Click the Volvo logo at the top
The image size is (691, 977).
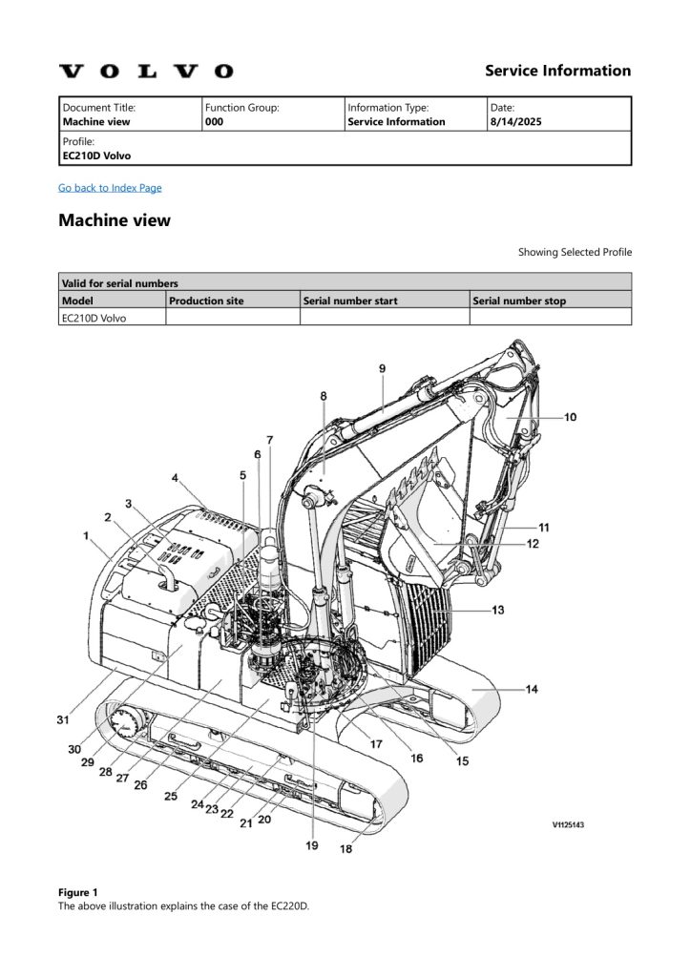146,72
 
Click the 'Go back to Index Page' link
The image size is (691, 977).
110,188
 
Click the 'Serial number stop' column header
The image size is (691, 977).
519,301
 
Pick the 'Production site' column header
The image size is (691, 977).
206,301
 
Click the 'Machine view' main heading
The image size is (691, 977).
115,220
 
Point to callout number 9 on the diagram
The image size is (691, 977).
382,368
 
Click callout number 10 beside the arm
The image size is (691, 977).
570,417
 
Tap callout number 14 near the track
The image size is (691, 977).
532,689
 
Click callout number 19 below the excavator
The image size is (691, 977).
311,845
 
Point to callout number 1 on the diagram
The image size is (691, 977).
89,536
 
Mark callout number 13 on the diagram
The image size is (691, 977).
497,610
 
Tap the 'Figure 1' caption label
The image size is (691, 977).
77,892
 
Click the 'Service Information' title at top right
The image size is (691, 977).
557,71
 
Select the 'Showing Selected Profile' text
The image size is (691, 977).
575,253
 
